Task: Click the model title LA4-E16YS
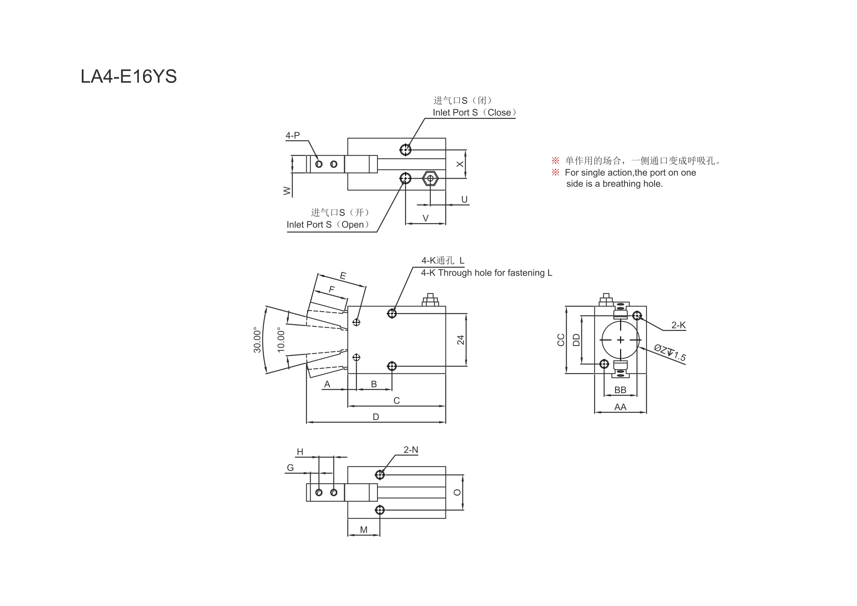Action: [129, 77]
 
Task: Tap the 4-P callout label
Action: [293, 135]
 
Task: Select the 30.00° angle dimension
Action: [257, 340]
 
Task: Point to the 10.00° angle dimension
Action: [281, 340]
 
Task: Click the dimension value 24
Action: [460, 340]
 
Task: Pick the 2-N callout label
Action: [411, 450]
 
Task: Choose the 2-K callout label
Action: [678, 325]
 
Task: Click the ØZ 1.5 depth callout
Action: [670, 353]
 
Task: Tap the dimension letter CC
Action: [561, 340]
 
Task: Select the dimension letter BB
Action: [620, 390]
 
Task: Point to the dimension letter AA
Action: [620, 407]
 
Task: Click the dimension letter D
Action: [376, 417]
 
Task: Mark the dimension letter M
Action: [364, 530]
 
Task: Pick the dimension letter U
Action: [464, 200]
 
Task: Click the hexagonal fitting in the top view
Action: [430, 178]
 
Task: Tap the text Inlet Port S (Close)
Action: [475, 112]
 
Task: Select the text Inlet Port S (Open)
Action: [328, 225]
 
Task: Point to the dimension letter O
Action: [457, 492]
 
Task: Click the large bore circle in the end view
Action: [620, 340]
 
